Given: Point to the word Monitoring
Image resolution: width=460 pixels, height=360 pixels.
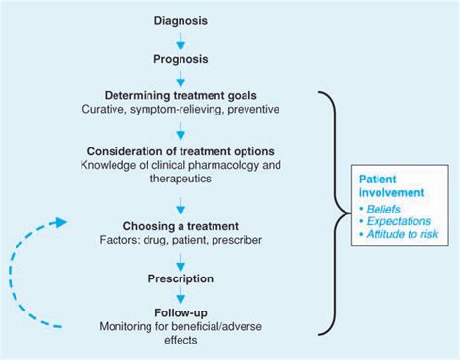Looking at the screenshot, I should [127, 328].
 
